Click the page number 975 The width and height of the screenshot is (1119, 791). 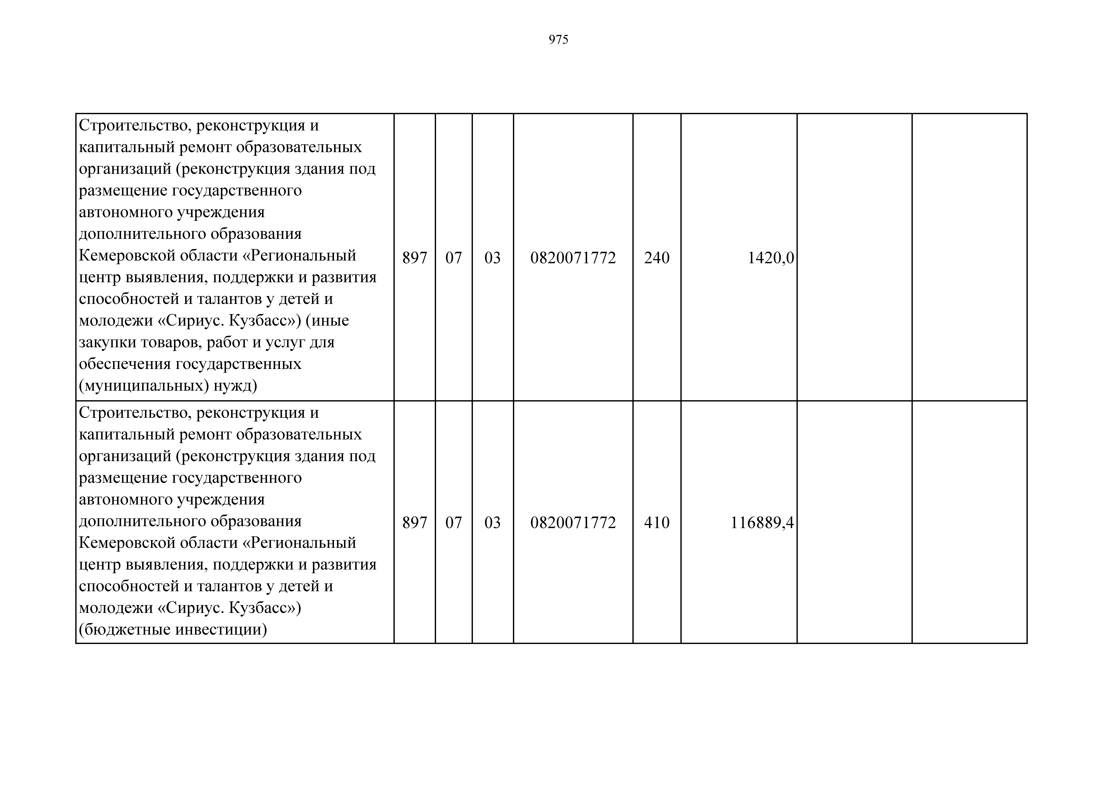click(x=559, y=40)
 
